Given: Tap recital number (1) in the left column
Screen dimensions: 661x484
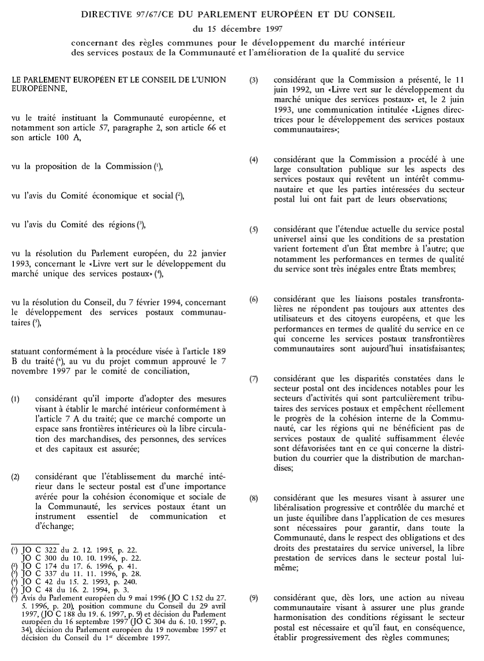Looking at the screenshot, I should pyautogui.click(x=15, y=398).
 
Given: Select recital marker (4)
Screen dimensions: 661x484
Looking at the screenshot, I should pyautogui.click(x=254, y=159).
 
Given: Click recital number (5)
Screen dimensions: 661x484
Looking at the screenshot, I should pyautogui.click(x=254, y=229).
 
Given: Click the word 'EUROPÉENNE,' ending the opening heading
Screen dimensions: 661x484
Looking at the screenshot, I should pyautogui.click(x=38, y=89).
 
